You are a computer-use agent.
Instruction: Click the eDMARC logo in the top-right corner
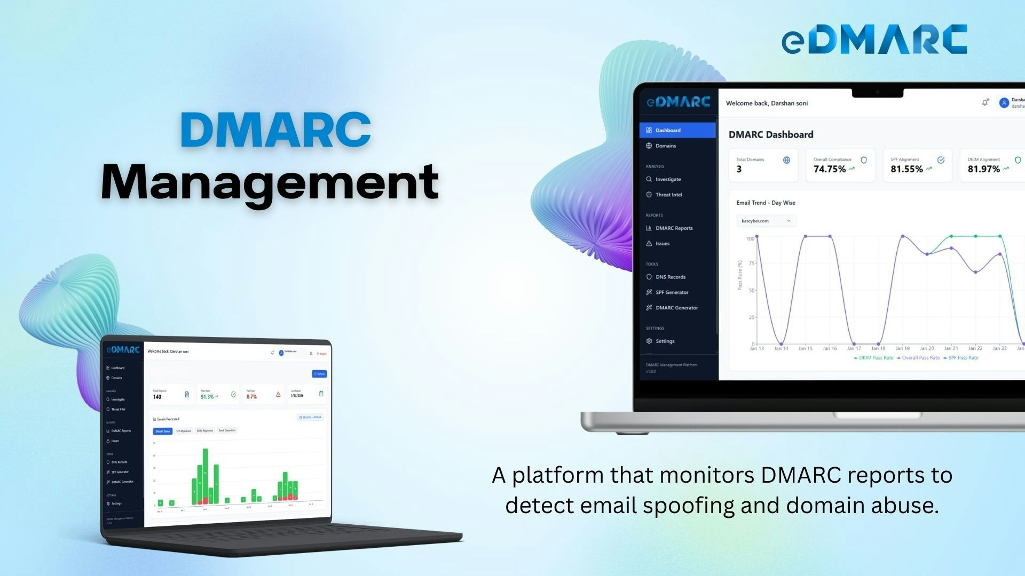(874, 39)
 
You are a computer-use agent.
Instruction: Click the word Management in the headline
(270, 182)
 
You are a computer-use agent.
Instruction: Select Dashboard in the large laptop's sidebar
(668, 131)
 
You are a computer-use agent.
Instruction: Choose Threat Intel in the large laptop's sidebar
(668, 195)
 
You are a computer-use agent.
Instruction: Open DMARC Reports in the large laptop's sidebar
(674, 228)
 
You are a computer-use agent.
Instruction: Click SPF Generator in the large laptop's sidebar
(672, 293)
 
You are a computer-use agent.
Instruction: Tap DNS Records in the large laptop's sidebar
(670, 277)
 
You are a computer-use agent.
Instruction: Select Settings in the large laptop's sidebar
(665, 341)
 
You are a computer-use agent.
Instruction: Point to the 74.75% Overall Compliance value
(829, 170)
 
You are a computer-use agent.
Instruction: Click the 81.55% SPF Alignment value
(906, 170)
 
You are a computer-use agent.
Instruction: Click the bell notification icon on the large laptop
(984, 103)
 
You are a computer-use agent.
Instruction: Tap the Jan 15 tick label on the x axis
(805, 349)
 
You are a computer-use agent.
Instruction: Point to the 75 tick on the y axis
(752, 263)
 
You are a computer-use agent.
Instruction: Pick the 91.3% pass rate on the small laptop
(207, 397)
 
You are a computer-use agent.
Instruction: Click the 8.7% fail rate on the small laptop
(251, 397)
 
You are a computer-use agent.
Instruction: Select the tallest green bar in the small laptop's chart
(205, 475)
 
